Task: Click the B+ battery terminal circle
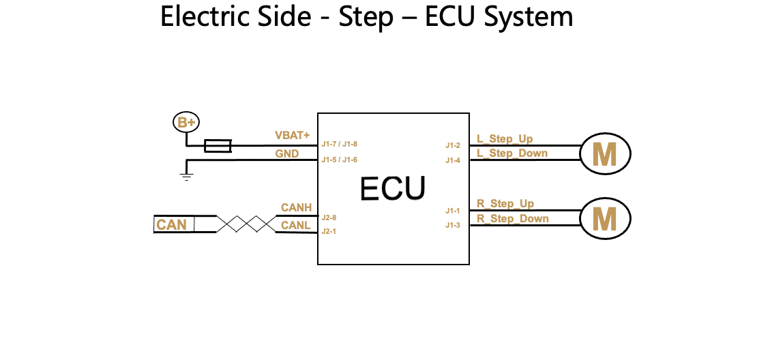pyautogui.click(x=186, y=123)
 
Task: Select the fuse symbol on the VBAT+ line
pyautogui.click(x=218, y=146)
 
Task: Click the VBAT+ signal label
pyautogui.click(x=292, y=135)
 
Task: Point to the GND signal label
pyautogui.click(x=287, y=153)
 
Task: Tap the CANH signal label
pyautogui.click(x=296, y=207)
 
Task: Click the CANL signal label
pyautogui.click(x=296, y=225)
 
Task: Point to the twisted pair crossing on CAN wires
pyautogui.click(x=246, y=224)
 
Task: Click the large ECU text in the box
pyautogui.click(x=393, y=189)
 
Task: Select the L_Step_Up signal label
pyautogui.click(x=505, y=139)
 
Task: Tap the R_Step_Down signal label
pyautogui.click(x=512, y=218)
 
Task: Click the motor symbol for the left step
pyautogui.click(x=605, y=155)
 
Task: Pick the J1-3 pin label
pyautogui.click(x=454, y=226)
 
